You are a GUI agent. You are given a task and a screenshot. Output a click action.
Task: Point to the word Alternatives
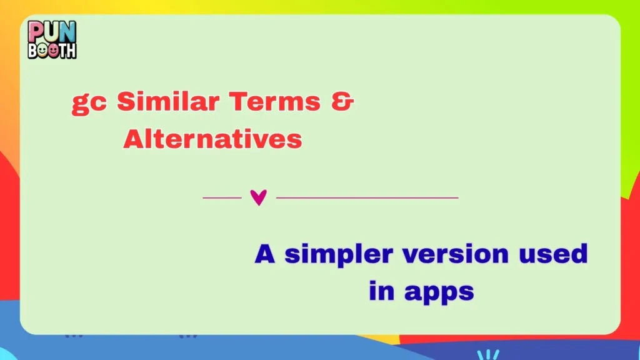click(212, 139)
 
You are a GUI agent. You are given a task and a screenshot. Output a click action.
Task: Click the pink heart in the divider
click(258, 197)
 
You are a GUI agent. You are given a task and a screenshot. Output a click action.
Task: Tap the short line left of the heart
click(222, 197)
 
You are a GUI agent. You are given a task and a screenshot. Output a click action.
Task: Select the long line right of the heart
click(367, 197)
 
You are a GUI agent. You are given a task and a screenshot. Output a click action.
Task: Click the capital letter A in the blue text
click(265, 254)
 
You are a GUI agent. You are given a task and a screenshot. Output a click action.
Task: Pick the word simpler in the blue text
click(339, 256)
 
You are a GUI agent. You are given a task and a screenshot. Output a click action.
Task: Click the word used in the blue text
click(558, 254)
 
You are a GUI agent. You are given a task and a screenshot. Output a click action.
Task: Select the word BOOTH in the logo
click(52, 49)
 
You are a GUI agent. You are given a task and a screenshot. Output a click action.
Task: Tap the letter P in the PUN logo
click(36, 31)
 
